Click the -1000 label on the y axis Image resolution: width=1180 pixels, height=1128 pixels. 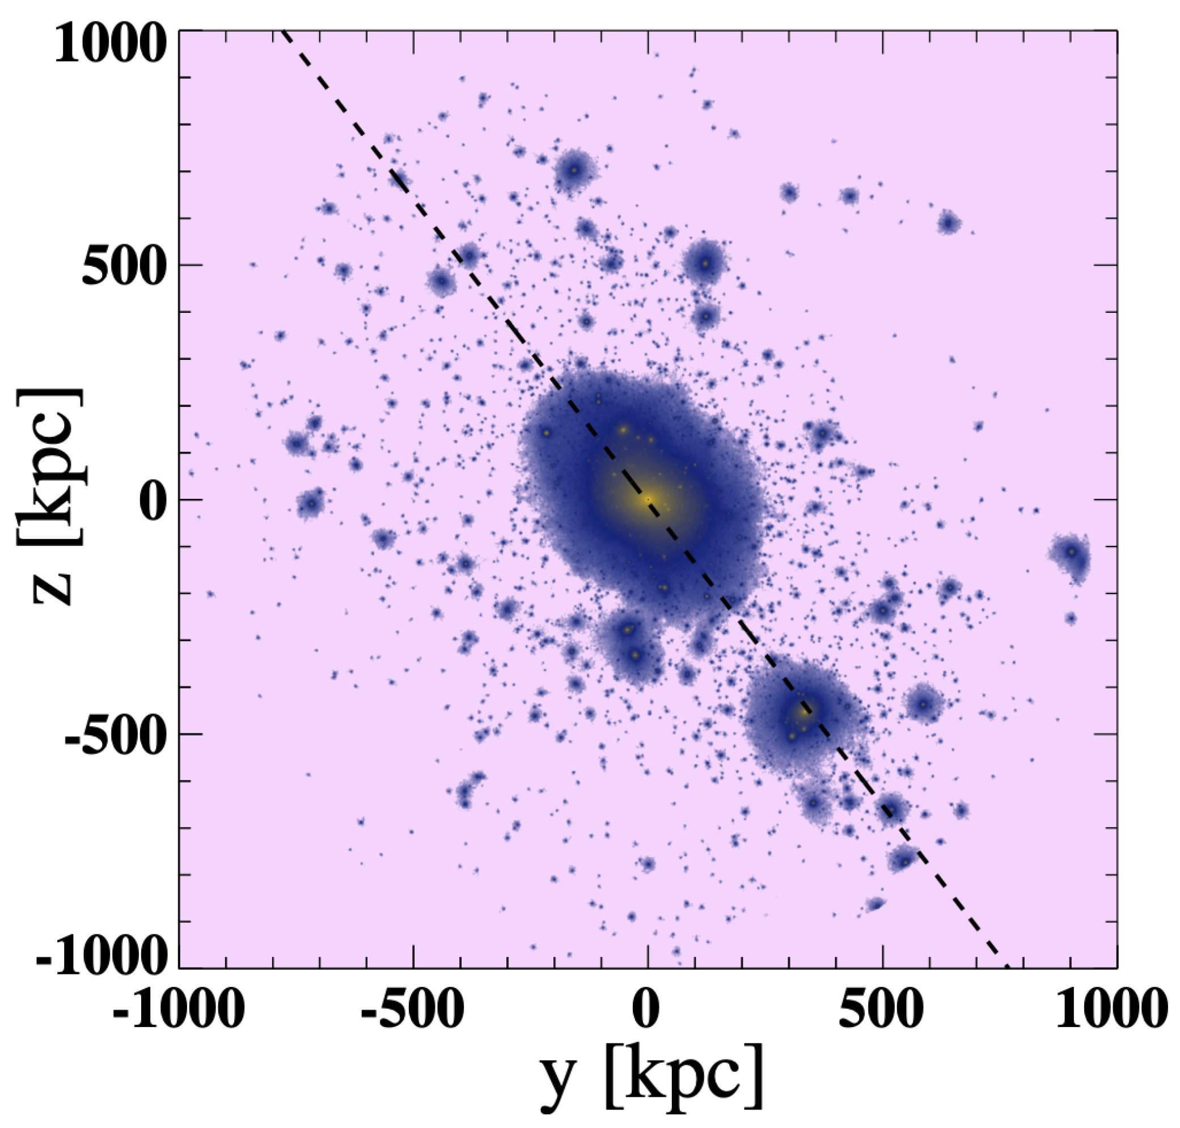(178, 1008)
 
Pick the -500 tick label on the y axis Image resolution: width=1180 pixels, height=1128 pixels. (413, 1008)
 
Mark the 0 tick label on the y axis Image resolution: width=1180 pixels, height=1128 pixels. (646, 1008)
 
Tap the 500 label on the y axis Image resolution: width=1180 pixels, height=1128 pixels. (882, 1008)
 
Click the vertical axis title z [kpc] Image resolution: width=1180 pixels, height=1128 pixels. (51, 497)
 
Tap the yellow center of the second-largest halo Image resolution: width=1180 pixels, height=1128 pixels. (805, 711)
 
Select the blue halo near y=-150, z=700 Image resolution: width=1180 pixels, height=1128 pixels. (574, 170)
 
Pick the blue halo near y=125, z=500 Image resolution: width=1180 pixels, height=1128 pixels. (706, 263)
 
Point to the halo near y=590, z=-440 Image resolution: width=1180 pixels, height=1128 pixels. (923, 704)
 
